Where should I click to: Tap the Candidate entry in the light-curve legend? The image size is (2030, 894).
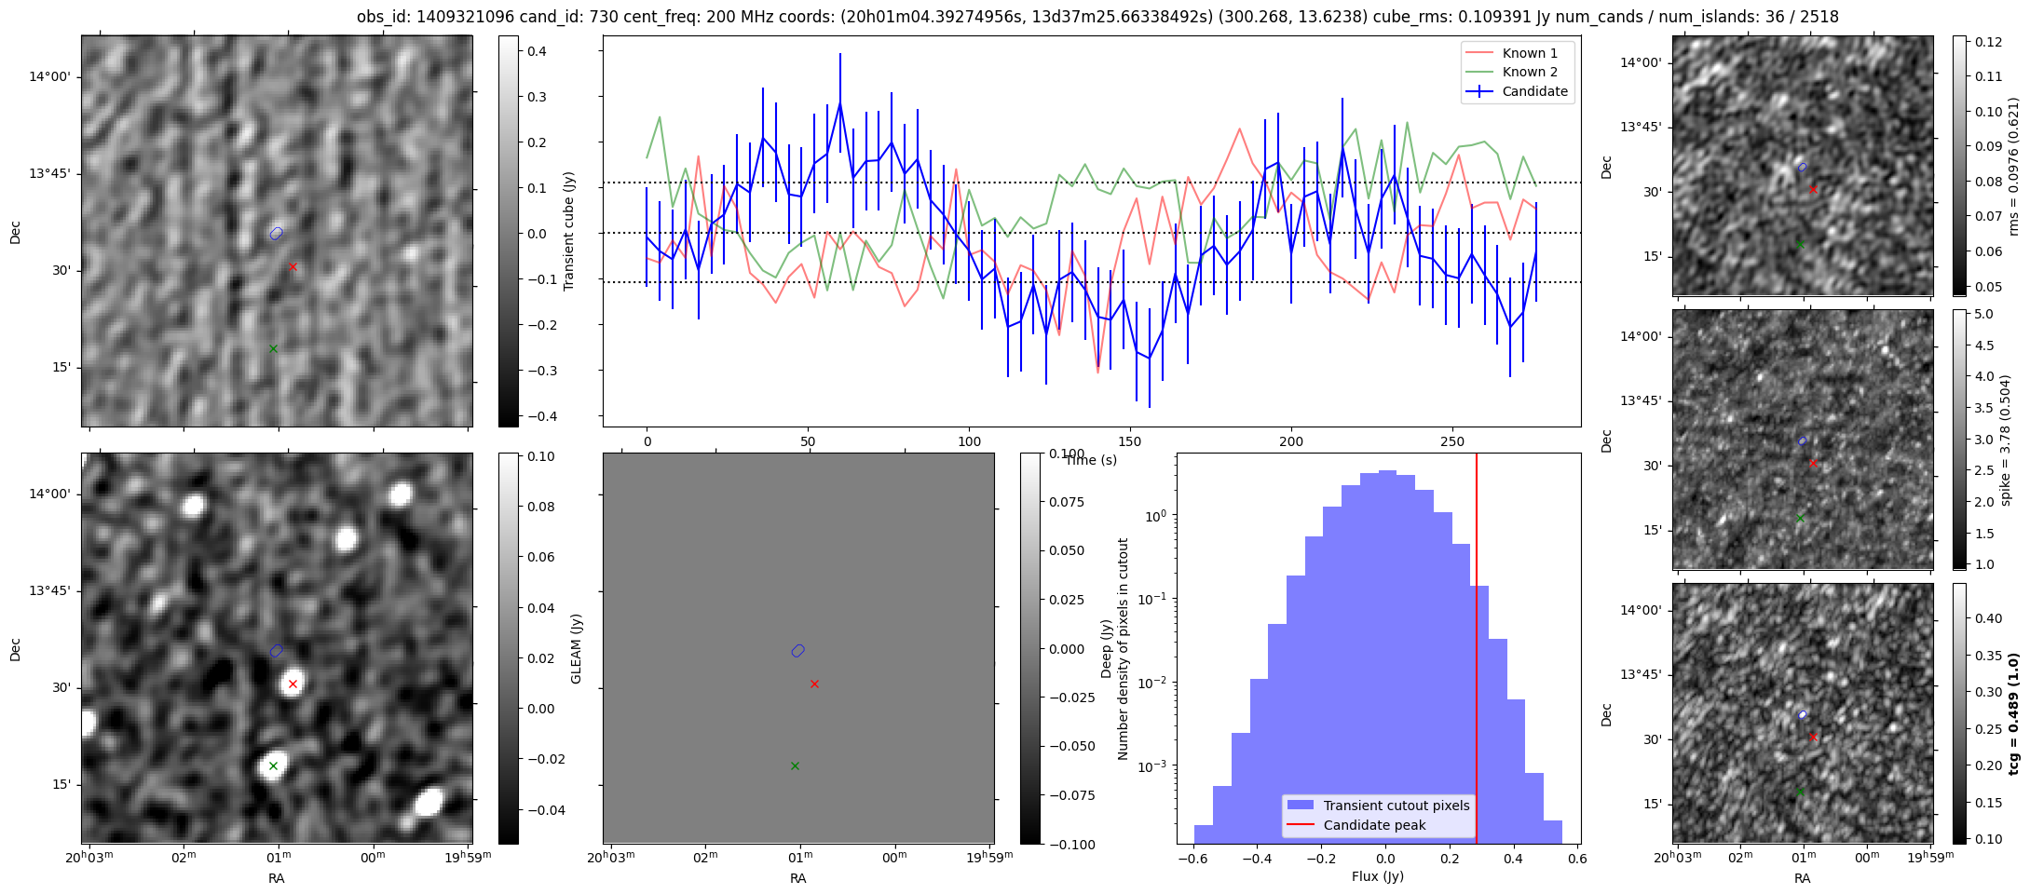(1534, 91)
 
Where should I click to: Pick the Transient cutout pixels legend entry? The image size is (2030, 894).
(1396, 806)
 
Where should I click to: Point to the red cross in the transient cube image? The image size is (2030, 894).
(293, 266)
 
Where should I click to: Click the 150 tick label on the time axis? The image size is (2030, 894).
(1130, 441)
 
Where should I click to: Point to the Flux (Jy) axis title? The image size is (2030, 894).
(1377, 876)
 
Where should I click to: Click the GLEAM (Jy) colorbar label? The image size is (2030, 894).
(576, 648)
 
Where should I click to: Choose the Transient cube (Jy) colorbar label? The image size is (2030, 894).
(568, 231)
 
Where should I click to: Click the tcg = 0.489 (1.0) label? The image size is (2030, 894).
(2013, 713)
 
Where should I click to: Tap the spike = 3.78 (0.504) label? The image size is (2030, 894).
(2006, 440)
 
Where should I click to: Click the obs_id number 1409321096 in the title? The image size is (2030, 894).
(460, 17)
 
